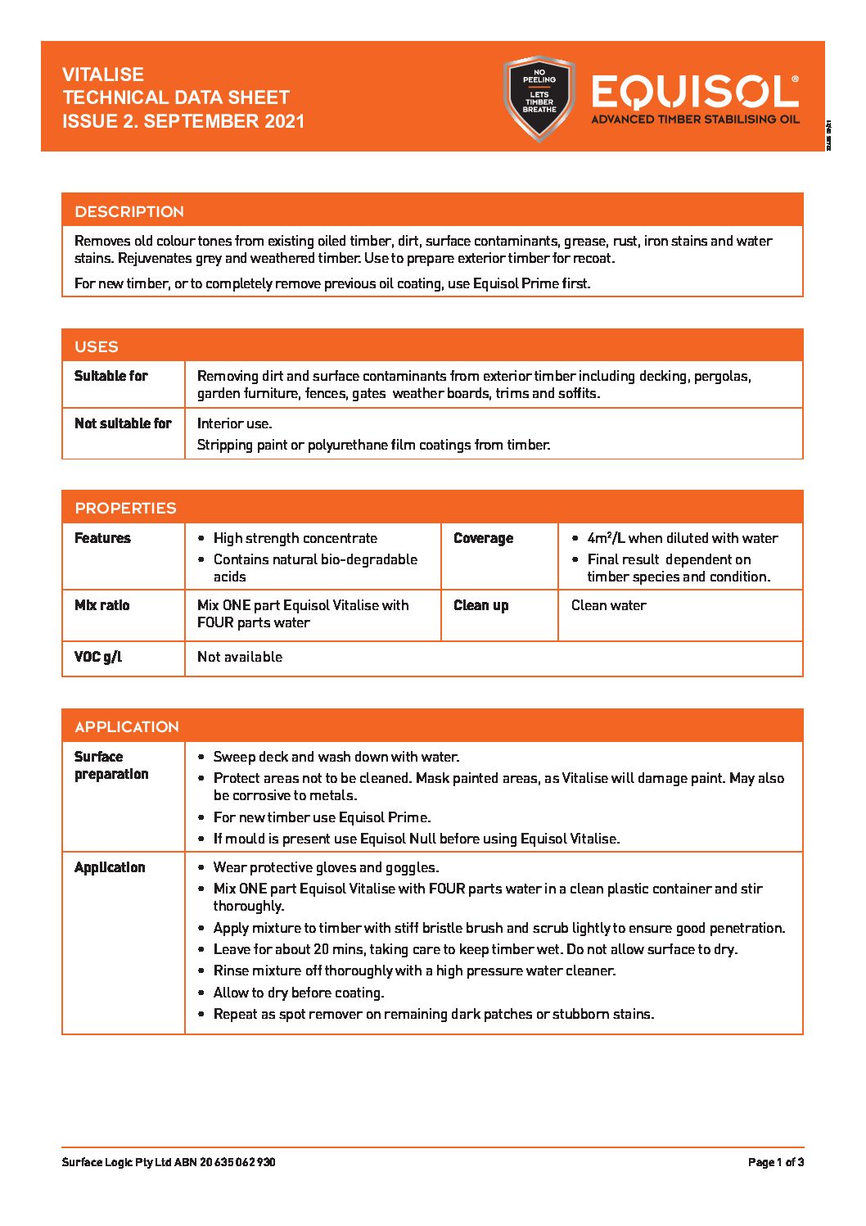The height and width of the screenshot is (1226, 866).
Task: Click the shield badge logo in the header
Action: (x=539, y=97)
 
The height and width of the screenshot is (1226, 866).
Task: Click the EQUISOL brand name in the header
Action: (x=694, y=93)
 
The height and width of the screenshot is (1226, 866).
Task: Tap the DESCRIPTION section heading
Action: (x=129, y=211)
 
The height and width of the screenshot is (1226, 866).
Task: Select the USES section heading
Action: (x=97, y=346)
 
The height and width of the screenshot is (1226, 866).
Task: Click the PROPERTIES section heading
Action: (x=125, y=508)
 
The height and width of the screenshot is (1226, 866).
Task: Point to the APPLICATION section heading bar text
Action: (x=127, y=726)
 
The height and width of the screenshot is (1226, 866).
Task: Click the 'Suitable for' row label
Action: (x=111, y=376)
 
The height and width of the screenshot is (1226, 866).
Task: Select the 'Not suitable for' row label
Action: (x=123, y=423)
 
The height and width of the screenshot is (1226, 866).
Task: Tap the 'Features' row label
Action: (x=102, y=538)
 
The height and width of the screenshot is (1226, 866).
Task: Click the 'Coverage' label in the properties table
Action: (x=483, y=538)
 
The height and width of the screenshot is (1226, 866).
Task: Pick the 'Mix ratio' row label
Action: (x=101, y=605)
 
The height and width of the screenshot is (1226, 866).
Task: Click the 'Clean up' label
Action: (x=480, y=605)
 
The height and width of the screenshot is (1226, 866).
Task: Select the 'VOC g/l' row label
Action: (x=98, y=657)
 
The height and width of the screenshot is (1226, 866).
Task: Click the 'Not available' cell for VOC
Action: (x=240, y=657)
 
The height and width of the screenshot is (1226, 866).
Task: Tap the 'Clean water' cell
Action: (x=608, y=605)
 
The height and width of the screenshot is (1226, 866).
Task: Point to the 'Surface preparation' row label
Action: (x=111, y=765)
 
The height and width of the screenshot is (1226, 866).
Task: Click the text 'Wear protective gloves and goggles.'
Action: (x=326, y=867)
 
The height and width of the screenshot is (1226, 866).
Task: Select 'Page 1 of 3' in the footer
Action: (x=775, y=1162)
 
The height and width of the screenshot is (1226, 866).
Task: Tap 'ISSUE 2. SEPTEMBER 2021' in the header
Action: (x=183, y=121)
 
